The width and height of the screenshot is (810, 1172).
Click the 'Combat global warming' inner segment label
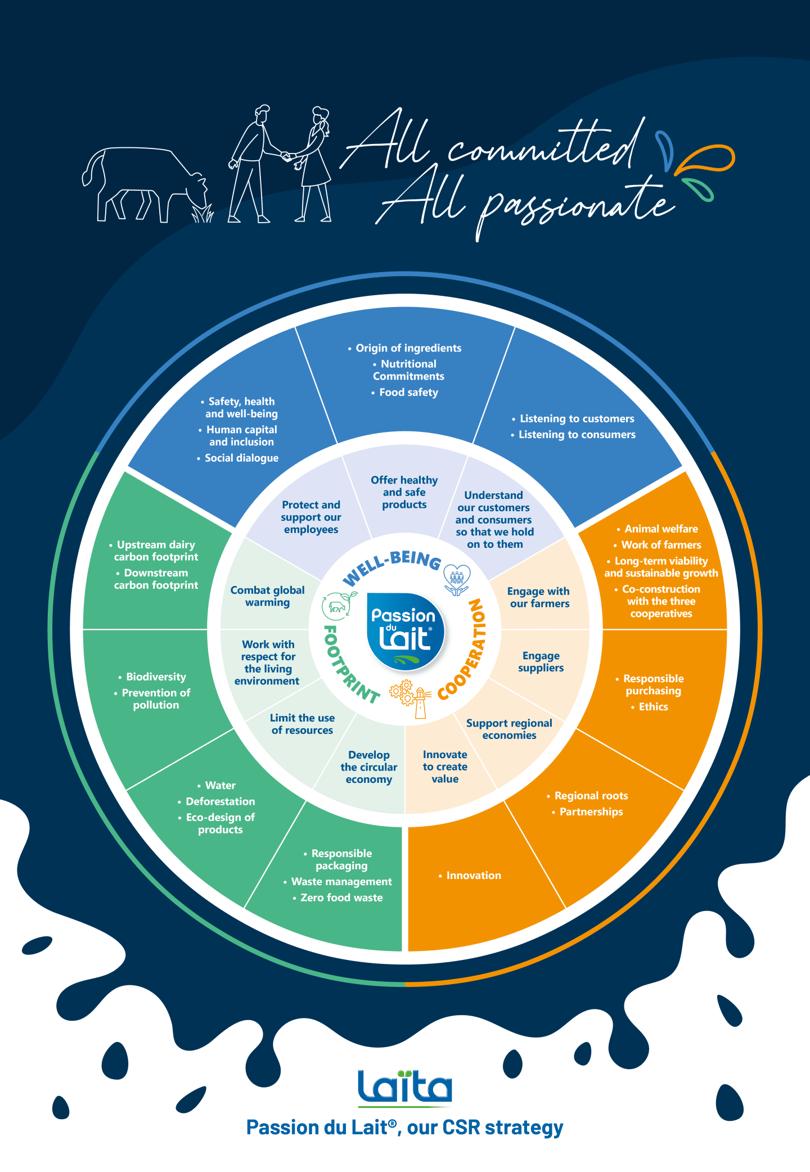[x=267, y=596]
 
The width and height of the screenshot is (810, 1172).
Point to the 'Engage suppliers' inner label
[x=541, y=662]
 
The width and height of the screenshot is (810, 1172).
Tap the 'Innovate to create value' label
[x=445, y=767]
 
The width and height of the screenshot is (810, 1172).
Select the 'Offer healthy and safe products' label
[x=404, y=493]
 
